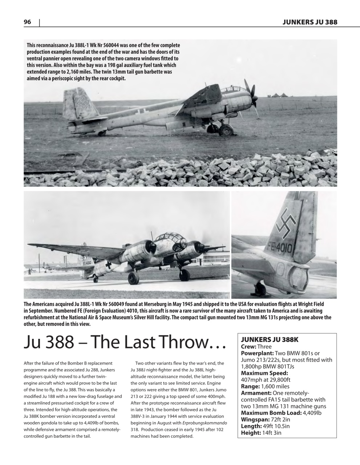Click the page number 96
[x=27, y=22]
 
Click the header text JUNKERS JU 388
[x=310, y=22]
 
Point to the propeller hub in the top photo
[x=255, y=97]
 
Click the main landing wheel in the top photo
[x=226, y=130]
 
